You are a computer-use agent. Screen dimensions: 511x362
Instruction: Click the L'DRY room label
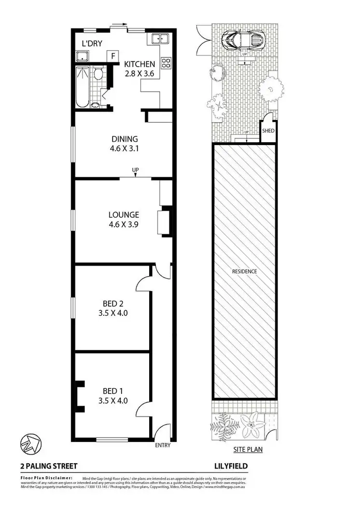point(91,43)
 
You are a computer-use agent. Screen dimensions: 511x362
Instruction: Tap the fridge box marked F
point(113,56)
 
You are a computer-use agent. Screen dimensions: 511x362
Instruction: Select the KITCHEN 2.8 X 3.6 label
point(139,68)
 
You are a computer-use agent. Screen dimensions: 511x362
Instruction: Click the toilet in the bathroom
point(97,74)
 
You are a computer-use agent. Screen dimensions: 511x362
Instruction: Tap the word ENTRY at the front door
point(163,445)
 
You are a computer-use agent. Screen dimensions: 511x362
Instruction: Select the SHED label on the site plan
point(268,131)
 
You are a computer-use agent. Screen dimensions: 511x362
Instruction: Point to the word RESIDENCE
point(244,271)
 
